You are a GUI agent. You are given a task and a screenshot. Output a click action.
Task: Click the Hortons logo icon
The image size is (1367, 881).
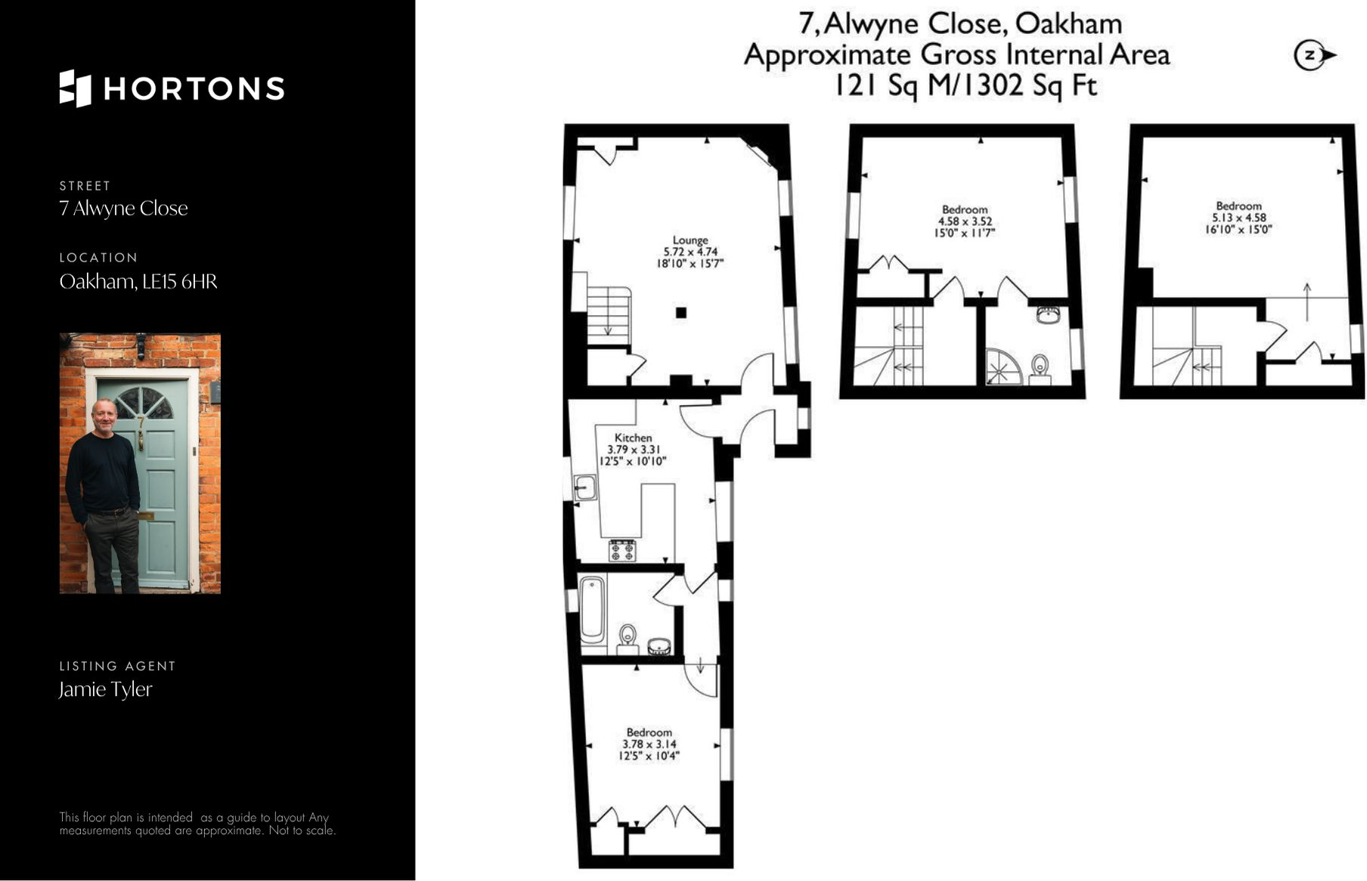[x=75, y=88]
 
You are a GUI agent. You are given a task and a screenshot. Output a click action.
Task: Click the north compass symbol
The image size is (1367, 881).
[x=1314, y=55]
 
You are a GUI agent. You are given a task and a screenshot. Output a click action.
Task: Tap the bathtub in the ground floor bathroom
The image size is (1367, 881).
[x=592, y=608]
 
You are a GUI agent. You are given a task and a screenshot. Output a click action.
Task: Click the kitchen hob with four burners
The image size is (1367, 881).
[x=622, y=551]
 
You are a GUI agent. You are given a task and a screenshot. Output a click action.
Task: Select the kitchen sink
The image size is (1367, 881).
[x=585, y=487]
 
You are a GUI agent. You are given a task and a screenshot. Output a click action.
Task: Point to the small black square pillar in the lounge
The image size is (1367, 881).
[x=680, y=313]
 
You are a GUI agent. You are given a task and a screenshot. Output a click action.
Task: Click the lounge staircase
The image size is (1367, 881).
[x=609, y=315]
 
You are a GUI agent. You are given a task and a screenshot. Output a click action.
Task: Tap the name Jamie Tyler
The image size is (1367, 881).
[x=106, y=689]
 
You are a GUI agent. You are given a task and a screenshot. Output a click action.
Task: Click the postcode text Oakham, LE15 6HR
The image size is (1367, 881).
[x=138, y=282]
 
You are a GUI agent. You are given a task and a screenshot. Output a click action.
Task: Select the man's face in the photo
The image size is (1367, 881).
[x=104, y=416]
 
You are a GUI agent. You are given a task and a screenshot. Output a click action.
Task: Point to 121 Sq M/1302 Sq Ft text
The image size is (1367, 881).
[x=964, y=85]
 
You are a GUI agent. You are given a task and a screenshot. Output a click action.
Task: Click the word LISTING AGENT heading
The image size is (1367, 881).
[x=117, y=666]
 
